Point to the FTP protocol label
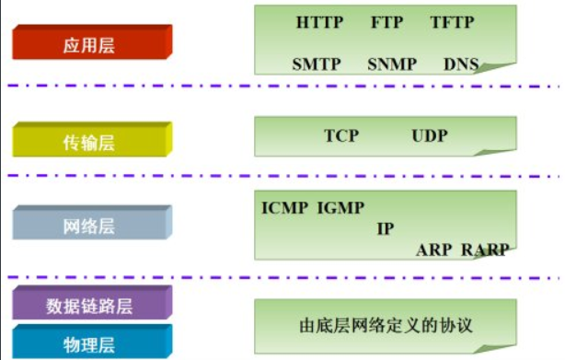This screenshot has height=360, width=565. point(386,21)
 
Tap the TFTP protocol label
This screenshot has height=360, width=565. point(451,21)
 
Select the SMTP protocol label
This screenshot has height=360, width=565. point(317,64)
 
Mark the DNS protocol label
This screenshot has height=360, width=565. point(460,64)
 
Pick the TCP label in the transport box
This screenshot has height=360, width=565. point(340,136)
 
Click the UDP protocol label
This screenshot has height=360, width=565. point(430,136)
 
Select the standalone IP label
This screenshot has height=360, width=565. point(385,228)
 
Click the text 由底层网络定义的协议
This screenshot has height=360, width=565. point(386,323)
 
